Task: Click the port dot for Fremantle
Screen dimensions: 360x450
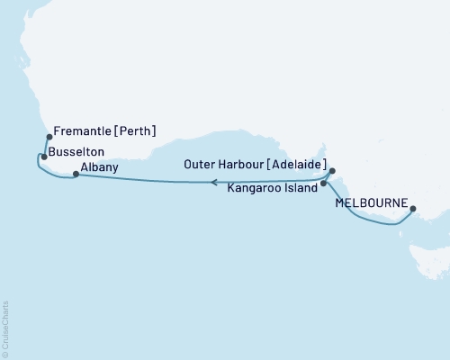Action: (49, 138)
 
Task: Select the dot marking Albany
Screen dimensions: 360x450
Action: (76, 175)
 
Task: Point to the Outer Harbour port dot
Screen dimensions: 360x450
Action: (332, 170)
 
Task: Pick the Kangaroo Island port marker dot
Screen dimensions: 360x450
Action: (324, 184)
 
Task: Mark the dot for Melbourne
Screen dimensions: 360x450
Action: (413, 209)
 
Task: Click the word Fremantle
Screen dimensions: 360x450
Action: (84, 131)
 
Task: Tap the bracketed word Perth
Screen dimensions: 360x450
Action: (136, 131)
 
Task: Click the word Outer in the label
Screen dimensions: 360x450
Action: (198, 166)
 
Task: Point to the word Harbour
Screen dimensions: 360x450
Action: (238, 166)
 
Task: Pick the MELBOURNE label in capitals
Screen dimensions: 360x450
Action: (370, 203)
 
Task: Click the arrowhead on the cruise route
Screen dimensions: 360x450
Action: (213, 182)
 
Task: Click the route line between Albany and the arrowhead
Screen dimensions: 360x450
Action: (144, 179)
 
